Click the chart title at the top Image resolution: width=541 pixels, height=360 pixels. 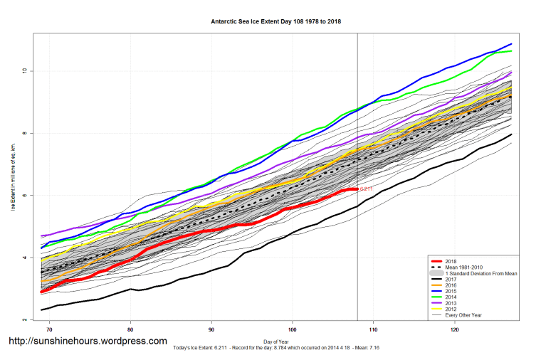pos(276,21)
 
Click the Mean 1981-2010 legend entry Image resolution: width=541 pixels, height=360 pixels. pos(463,268)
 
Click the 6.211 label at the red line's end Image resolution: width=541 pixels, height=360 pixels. pos(367,189)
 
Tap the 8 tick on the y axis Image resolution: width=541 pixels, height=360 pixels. pos(23,133)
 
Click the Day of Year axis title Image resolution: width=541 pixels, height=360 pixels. pos(276,341)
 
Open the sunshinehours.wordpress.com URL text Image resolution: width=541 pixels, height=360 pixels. pos(88,342)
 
